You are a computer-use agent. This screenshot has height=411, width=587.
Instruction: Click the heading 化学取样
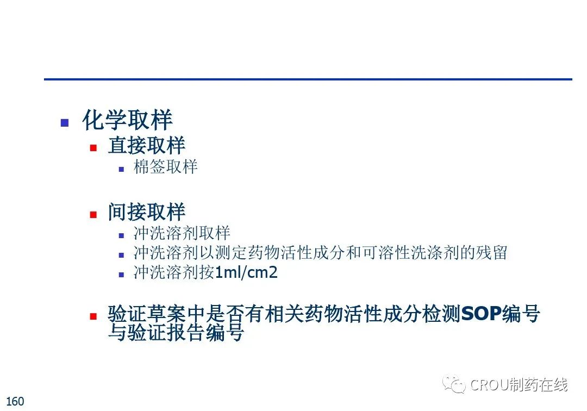pos(127,120)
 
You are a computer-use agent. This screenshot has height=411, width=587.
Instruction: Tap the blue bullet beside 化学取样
pos(64,122)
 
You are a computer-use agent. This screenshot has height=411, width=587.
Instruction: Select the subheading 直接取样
pos(146,145)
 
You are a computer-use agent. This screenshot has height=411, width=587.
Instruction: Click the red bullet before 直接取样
pos(93,148)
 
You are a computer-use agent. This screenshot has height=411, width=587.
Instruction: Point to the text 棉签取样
pos(165,166)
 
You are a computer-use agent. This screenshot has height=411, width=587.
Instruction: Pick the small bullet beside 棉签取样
pos(121,169)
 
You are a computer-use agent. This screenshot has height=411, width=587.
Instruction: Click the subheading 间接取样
pos(146,211)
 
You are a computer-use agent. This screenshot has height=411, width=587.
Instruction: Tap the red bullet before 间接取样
pos(93,215)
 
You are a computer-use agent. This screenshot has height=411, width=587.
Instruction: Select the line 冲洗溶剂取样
pos(182,233)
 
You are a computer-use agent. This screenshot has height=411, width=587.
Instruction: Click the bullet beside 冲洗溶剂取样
pos(121,236)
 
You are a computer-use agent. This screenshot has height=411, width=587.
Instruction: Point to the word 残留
pos(491,252)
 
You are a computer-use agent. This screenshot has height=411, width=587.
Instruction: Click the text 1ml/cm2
pos(246,272)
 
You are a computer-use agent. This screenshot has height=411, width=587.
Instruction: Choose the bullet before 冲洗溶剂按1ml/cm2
pos(121,275)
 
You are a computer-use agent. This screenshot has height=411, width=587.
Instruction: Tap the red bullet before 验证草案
pos(93,316)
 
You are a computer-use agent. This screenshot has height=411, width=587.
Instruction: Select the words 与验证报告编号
pos(176,332)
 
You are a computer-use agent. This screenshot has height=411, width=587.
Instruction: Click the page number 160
pos(15,401)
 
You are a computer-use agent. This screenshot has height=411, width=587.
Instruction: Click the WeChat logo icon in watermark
pos(453,384)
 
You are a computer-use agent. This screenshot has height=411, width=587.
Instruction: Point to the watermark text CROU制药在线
pos(519,385)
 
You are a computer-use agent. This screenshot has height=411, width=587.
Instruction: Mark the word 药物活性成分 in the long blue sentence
pos(362,313)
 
